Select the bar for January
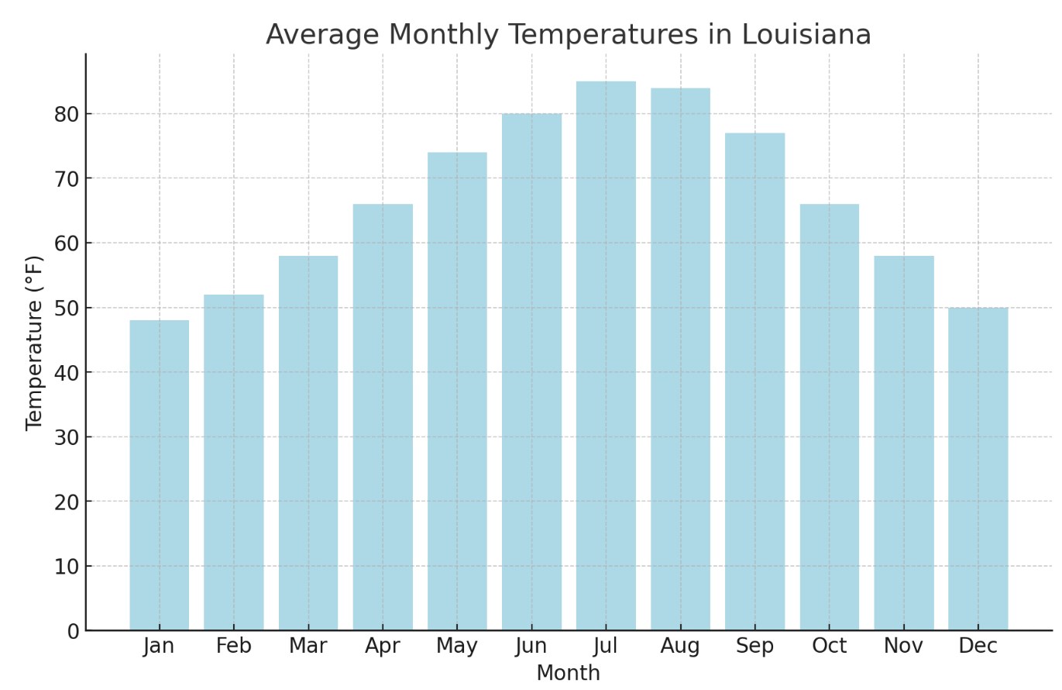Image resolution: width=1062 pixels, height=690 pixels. pos(160,474)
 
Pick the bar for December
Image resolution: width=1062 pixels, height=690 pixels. pos(978,468)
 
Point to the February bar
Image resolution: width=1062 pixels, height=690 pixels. pos(234,462)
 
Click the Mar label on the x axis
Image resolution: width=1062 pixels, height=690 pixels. pos(308,647)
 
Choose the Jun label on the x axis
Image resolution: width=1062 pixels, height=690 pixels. pos(531,647)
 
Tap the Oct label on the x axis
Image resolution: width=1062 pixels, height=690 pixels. pos(829,647)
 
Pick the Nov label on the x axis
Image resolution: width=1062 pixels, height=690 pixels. pos(903,647)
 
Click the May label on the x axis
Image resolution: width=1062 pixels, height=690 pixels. pos(457,647)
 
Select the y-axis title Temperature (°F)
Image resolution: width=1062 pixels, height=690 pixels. pos(35,342)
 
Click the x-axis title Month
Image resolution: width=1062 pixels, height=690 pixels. pos(568,674)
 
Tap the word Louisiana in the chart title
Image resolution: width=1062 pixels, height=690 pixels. pos(806,36)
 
